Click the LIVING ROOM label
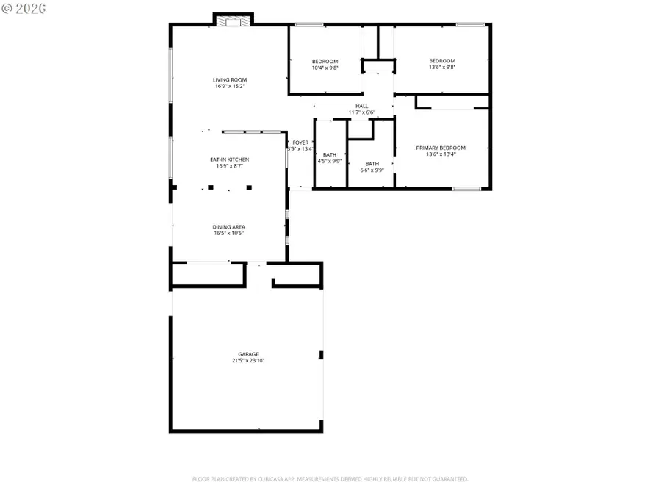230,80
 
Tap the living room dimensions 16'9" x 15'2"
230,87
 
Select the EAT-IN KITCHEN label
230,159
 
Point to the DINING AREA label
229,227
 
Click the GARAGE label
248,354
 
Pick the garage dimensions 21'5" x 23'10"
248,361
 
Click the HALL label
361,106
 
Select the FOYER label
300,142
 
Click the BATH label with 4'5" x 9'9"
330,154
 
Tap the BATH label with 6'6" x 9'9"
372,163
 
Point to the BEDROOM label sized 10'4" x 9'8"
325,61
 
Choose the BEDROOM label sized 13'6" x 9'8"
442,61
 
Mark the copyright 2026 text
24,8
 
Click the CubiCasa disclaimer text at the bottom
330,479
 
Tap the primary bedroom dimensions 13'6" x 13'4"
446,154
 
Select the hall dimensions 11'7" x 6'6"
361,112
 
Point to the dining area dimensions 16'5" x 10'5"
229,234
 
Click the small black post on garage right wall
321,356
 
